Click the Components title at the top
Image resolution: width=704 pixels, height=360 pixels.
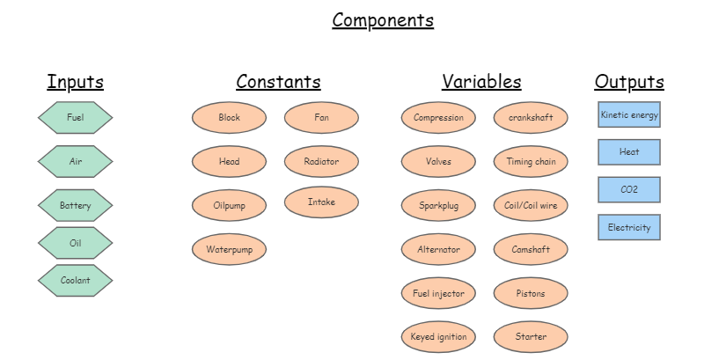point(383,20)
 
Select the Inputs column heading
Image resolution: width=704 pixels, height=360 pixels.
point(75,82)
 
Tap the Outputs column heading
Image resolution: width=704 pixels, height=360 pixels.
point(629,82)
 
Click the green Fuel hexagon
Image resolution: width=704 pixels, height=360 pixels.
point(75,117)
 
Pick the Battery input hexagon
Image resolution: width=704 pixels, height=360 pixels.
point(75,205)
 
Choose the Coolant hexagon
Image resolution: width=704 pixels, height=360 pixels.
point(75,280)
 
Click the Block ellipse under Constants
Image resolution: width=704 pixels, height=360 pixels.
point(229,117)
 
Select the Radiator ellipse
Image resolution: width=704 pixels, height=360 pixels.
point(321,161)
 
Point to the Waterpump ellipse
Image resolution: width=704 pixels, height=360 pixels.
point(229,249)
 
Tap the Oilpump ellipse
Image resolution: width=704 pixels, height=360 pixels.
point(229,205)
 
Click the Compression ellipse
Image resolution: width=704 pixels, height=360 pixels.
point(438,117)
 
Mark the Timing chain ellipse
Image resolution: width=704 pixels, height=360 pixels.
point(531,161)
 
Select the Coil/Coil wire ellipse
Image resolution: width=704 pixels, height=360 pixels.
point(531,205)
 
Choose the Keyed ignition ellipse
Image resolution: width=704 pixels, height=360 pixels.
point(438,336)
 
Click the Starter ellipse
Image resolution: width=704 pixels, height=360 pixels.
point(531,336)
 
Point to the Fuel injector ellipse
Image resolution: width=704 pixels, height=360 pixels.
point(438,292)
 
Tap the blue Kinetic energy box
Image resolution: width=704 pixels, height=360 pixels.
point(629,114)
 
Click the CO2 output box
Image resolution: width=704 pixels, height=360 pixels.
point(629,189)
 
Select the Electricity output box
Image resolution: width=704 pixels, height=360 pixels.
point(629,227)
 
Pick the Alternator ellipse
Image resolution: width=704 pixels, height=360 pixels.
point(438,249)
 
